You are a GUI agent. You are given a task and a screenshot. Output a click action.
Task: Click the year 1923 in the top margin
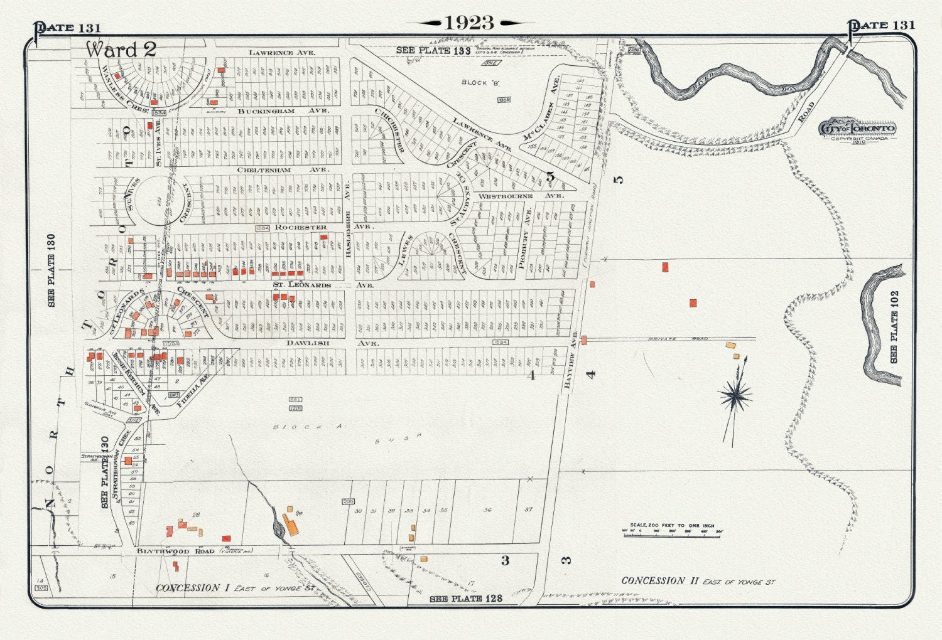click(470, 23)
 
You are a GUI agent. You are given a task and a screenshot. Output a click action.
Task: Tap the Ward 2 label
click(121, 50)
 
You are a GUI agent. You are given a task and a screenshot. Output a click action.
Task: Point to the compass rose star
click(735, 395)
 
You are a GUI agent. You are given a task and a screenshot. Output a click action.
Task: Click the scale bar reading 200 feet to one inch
click(672, 530)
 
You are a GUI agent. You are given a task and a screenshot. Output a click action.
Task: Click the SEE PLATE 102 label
click(894, 326)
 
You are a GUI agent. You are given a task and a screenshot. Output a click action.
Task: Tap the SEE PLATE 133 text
click(433, 51)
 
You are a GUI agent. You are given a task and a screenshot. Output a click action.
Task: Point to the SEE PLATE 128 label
click(466, 599)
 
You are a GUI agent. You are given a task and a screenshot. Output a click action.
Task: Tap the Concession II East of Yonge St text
click(698, 581)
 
